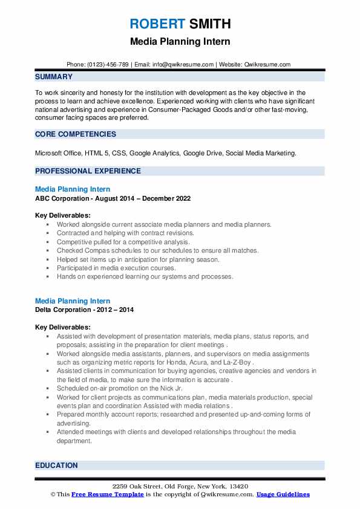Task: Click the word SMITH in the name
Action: pyautogui.click(x=209, y=24)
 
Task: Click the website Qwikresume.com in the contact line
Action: pyautogui.click(x=267, y=65)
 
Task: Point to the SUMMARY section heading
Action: pyautogui.click(x=54, y=77)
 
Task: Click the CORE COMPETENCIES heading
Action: pyautogui.click(x=75, y=134)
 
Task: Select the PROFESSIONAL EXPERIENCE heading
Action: pyautogui.click(x=88, y=171)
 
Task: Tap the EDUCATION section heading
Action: pyautogui.click(x=56, y=465)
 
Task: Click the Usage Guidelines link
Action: pyautogui.click(x=283, y=494)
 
